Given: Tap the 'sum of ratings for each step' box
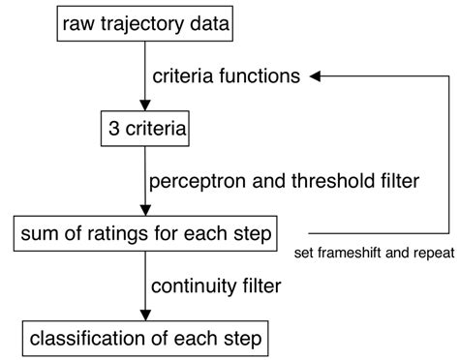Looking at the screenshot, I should click(x=143, y=233).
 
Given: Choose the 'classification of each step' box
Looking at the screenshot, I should click(x=143, y=340).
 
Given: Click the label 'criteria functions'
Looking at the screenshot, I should click(x=226, y=75).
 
